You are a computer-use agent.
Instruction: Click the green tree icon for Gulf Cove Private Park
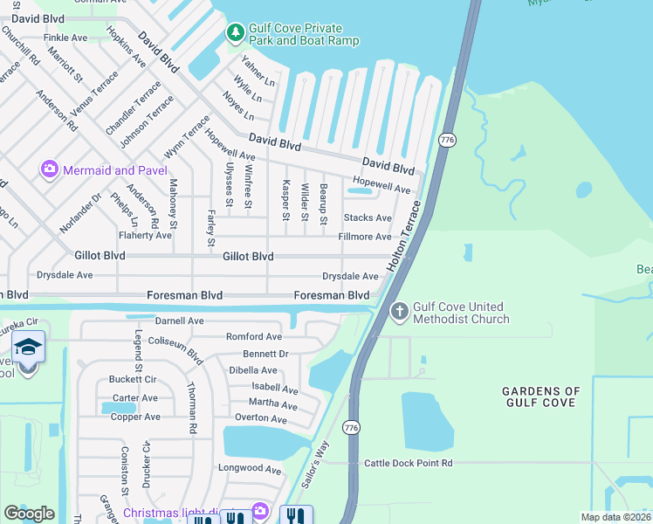(x=235, y=33)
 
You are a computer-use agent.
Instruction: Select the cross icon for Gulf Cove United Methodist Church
(x=399, y=311)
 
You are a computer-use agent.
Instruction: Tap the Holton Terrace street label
(x=404, y=235)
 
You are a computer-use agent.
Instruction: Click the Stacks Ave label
(x=368, y=217)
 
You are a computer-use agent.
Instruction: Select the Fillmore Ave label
(x=365, y=237)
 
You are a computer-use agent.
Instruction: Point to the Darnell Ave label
(x=179, y=321)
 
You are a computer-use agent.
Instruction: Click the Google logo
(x=29, y=514)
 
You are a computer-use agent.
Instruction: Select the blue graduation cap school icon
(x=29, y=347)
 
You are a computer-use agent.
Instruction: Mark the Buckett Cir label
(x=132, y=380)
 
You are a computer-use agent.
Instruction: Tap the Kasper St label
(x=285, y=201)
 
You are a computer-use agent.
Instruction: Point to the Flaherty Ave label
(x=145, y=236)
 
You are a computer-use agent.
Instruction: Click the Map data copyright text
(x=616, y=517)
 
